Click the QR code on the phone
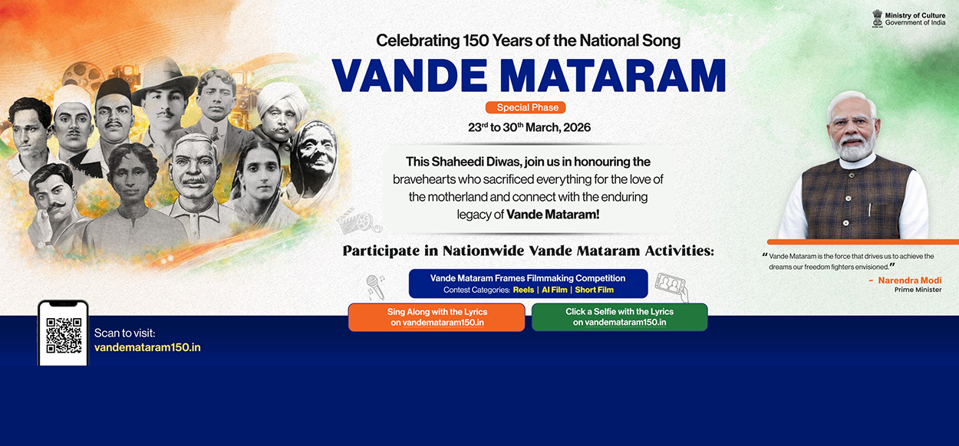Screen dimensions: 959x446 64,335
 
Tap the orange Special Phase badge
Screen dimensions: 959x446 526,107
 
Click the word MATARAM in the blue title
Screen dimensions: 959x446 613,76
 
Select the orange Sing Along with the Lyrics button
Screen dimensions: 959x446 437,317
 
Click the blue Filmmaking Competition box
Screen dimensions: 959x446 528,284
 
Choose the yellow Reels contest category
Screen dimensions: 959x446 523,290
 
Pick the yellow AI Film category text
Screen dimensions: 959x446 555,290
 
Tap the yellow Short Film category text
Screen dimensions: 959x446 595,290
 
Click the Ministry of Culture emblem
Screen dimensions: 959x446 878,19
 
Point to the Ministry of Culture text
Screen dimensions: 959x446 915,15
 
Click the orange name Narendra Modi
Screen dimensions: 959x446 910,280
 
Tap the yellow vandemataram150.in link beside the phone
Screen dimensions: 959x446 147,347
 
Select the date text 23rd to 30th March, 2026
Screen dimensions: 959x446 529,127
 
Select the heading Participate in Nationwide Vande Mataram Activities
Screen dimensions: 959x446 529,251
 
